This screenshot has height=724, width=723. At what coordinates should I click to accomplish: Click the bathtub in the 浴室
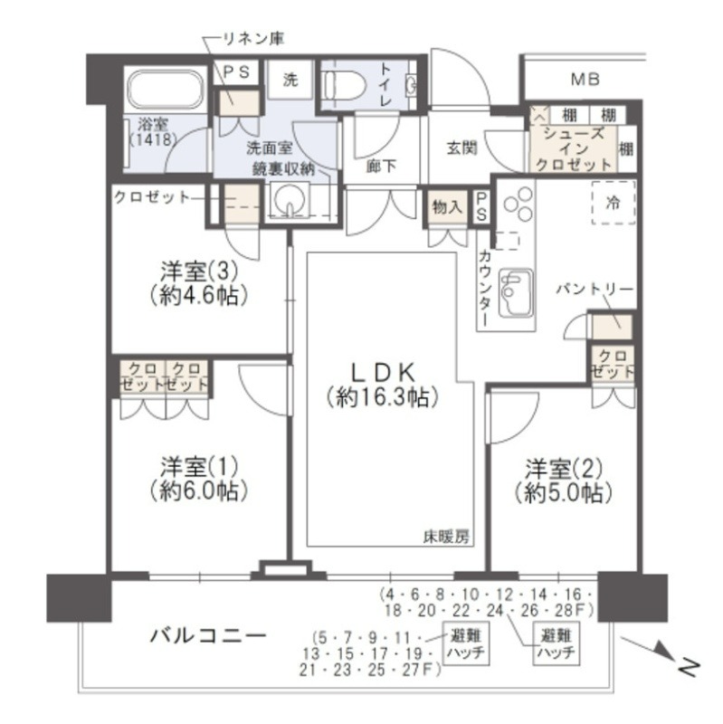pyautogui.click(x=166, y=90)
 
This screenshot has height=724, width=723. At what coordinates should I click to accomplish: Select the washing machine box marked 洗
pyautogui.click(x=290, y=80)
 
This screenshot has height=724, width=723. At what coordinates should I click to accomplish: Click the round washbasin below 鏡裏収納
pyautogui.click(x=290, y=199)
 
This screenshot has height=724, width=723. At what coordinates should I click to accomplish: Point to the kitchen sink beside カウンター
pyautogui.click(x=517, y=292)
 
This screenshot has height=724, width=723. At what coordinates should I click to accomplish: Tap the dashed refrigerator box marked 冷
pyautogui.click(x=614, y=203)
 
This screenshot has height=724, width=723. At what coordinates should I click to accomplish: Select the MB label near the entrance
pyautogui.click(x=585, y=79)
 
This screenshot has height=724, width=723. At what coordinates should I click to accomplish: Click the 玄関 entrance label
pyautogui.click(x=461, y=148)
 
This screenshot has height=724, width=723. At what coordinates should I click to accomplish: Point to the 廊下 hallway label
pyautogui.click(x=381, y=167)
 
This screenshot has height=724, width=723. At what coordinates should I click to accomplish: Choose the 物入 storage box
pyautogui.click(x=446, y=208)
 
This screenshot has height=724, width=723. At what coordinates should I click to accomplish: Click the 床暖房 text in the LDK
pyautogui.click(x=447, y=537)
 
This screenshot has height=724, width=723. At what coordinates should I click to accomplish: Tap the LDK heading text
pyautogui.click(x=382, y=372)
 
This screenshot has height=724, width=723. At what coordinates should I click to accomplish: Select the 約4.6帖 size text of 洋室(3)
pyautogui.click(x=199, y=296)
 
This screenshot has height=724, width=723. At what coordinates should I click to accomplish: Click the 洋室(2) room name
pyautogui.click(x=564, y=470)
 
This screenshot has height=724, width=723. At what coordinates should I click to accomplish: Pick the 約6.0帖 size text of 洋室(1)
pyautogui.click(x=199, y=491)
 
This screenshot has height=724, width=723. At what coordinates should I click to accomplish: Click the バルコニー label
pyautogui.click(x=209, y=636)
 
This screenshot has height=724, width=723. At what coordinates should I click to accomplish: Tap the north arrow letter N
pyautogui.click(x=688, y=666)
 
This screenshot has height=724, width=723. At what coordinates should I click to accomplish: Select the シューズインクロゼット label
pyautogui.click(x=574, y=148)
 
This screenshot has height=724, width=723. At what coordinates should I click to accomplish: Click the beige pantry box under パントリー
pyautogui.click(x=613, y=326)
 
